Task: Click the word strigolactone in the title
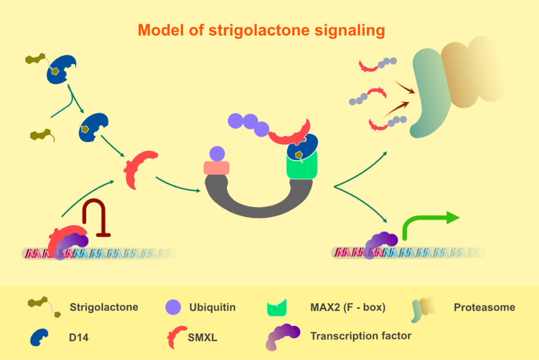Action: (x=261, y=30)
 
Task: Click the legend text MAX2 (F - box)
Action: (x=348, y=307)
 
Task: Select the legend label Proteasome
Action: (x=484, y=307)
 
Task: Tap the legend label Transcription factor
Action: (x=361, y=335)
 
